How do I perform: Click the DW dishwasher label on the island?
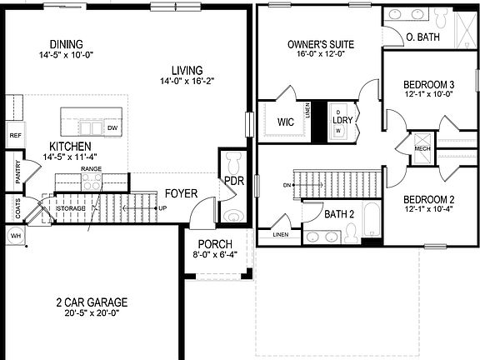[112, 128]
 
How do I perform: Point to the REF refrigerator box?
[15, 135]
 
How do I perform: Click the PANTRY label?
[17, 172]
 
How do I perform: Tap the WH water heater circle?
[14, 236]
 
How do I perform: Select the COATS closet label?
[17, 209]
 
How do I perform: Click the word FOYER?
[181, 193]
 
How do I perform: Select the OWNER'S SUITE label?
[321, 44]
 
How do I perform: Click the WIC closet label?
[285, 122]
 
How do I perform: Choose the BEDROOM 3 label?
[428, 84]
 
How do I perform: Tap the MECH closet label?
[423, 149]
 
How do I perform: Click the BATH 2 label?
[340, 214]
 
